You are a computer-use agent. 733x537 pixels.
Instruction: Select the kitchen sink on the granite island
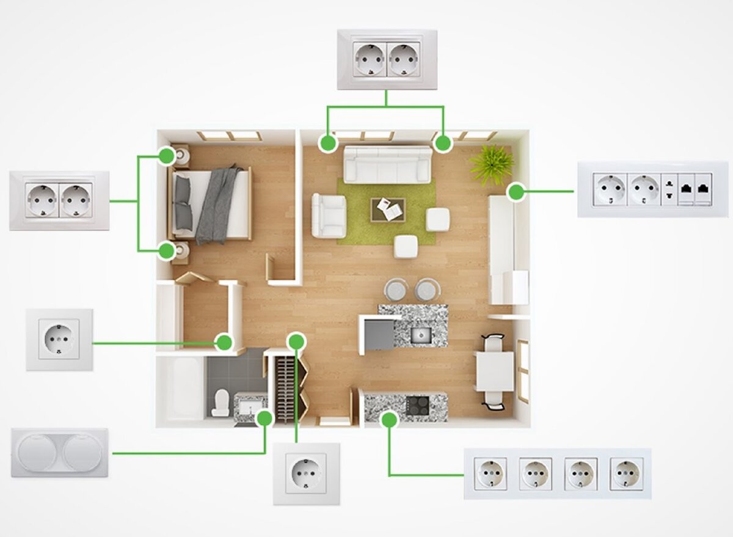pyautogui.click(x=421, y=334)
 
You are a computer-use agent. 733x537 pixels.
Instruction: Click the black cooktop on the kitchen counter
pyautogui.click(x=418, y=404)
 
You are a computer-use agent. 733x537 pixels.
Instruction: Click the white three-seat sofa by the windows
pyautogui.click(x=387, y=164)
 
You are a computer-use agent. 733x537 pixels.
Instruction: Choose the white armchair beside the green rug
pyautogui.click(x=329, y=214)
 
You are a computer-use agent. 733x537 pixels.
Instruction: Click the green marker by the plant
pyautogui.click(x=517, y=192)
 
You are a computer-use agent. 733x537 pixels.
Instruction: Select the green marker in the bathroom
pyautogui.click(x=264, y=418)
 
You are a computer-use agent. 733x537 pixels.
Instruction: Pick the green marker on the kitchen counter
pyautogui.click(x=389, y=418)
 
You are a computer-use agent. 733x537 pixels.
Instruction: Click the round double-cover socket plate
pyautogui.click(x=60, y=452)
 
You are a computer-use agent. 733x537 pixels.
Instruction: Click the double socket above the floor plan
pyautogui.click(x=387, y=59)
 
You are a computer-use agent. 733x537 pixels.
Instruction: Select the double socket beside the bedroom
pyautogui.click(x=59, y=200)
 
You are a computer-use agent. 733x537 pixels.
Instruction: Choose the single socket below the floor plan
pyautogui.click(x=306, y=473)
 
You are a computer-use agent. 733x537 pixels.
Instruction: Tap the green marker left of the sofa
pyautogui.click(x=329, y=143)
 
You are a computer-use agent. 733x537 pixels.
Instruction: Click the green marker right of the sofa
pyautogui.click(x=443, y=144)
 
